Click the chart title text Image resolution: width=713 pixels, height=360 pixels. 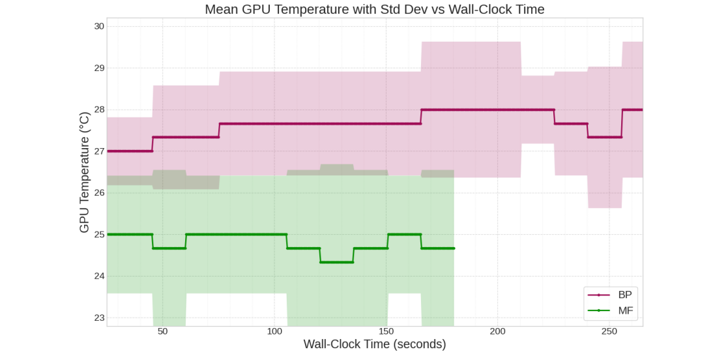click(x=374, y=9)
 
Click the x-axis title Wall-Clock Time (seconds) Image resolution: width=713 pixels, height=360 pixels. click(x=374, y=344)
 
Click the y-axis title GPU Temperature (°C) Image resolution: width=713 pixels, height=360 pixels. click(x=84, y=172)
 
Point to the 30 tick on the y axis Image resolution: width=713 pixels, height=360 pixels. click(x=99, y=26)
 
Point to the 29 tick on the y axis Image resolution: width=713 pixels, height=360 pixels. click(x=99, y=68)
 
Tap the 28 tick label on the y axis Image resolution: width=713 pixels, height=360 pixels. click(x=99, y=110)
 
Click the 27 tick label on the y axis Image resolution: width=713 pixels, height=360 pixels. click(x=99, y=151)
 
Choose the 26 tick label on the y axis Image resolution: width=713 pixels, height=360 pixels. click(x=99, y=192)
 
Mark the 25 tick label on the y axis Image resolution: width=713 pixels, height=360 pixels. click(x=99, y=234)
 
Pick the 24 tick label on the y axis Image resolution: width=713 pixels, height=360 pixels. click(x=99, y=276)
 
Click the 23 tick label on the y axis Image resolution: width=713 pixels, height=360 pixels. click(x=99, y=318)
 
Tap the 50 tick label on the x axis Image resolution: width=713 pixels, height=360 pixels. click(x=162, y=331)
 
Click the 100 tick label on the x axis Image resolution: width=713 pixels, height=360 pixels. click(x=274, y=331)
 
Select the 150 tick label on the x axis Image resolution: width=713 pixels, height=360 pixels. click(x=386, y=331)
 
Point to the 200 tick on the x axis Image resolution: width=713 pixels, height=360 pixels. click(x=497, y=331)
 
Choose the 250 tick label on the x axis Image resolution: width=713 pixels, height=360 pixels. click(x=609, y=331)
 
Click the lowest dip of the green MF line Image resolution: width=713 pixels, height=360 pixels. click(x=336, y=262)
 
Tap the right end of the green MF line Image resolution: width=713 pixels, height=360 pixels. click(x=454, y=248)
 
